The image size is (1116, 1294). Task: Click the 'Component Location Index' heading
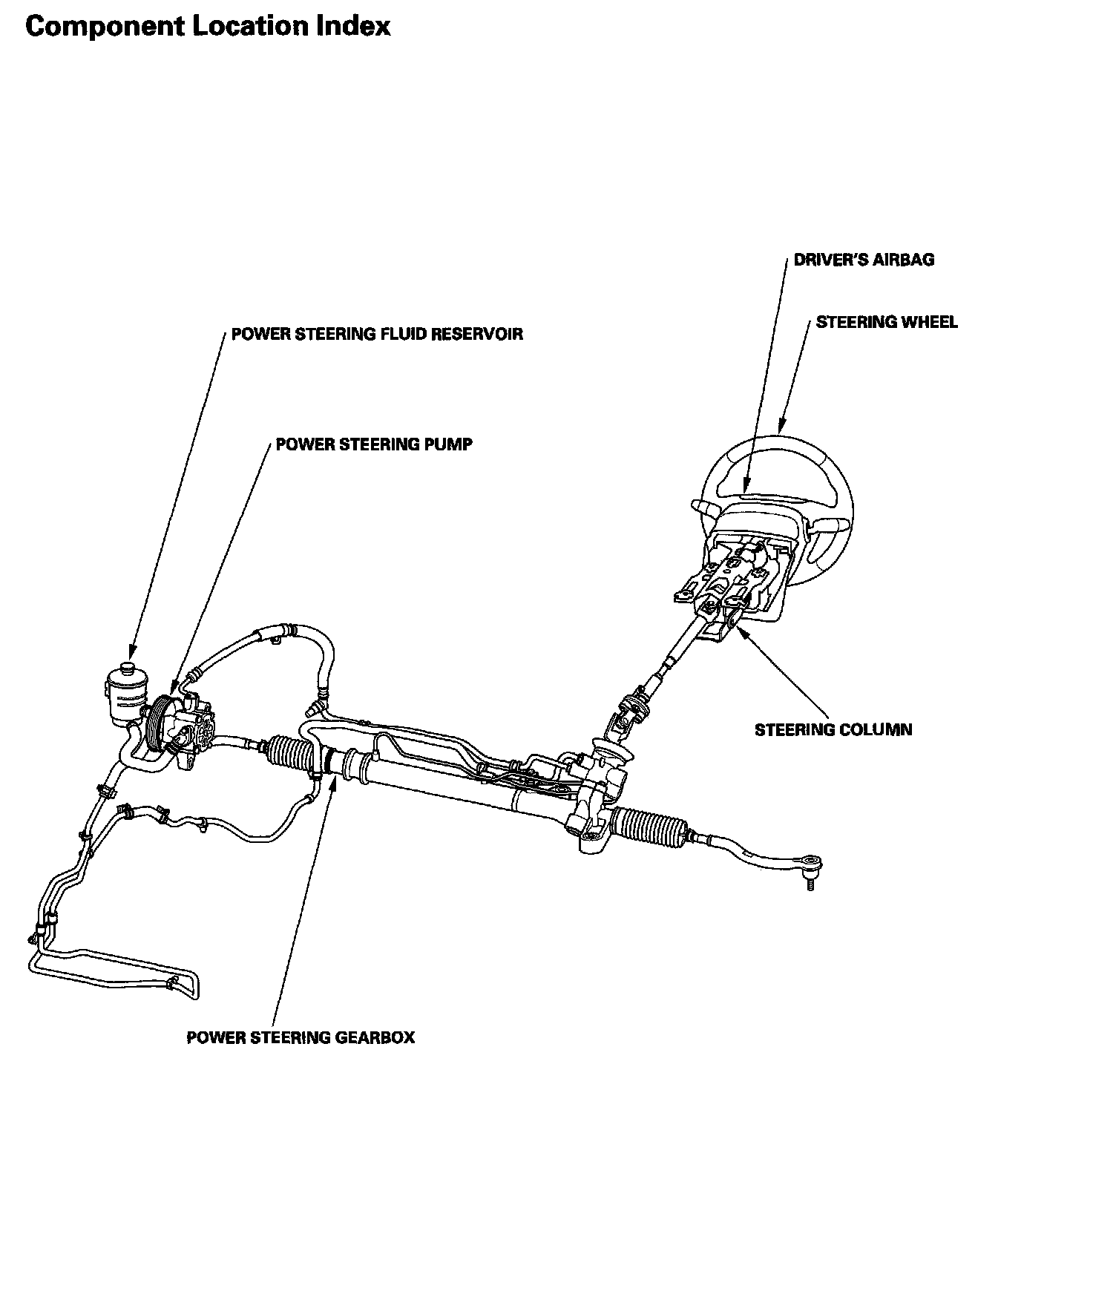point(208,27)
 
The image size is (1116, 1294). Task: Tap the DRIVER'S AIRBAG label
point(864,260)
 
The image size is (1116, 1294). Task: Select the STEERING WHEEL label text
point(887,322)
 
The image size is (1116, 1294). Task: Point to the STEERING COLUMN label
point(833,729)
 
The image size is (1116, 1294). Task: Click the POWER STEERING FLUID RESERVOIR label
point(377,334)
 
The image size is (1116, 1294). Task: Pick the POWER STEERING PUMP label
point(374,444)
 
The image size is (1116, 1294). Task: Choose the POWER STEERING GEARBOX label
point(301,1037)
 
